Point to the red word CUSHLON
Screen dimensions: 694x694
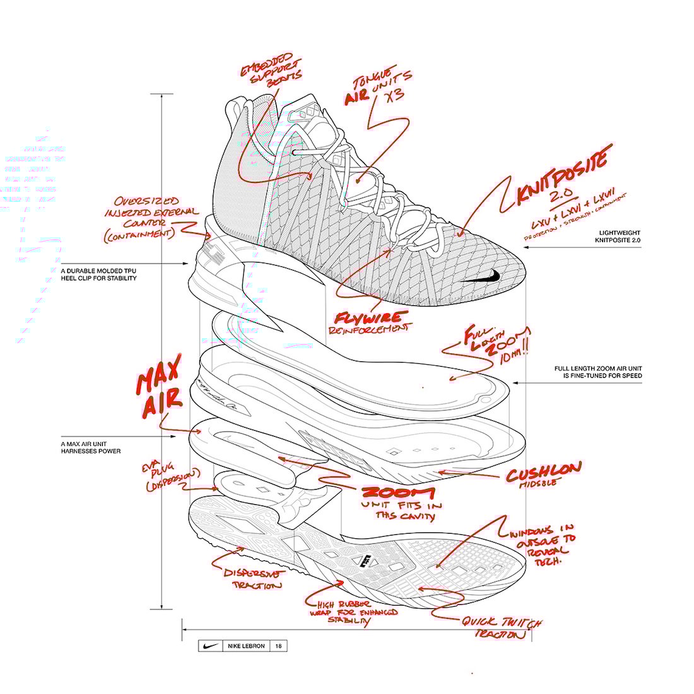[x=544, y=469]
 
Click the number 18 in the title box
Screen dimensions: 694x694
[x=278, y=646]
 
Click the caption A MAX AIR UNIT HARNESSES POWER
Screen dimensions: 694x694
[x=91, y=447]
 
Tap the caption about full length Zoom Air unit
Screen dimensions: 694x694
[x=598, y=372]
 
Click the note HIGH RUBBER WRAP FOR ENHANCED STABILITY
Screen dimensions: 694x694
[x=353, y=613]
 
